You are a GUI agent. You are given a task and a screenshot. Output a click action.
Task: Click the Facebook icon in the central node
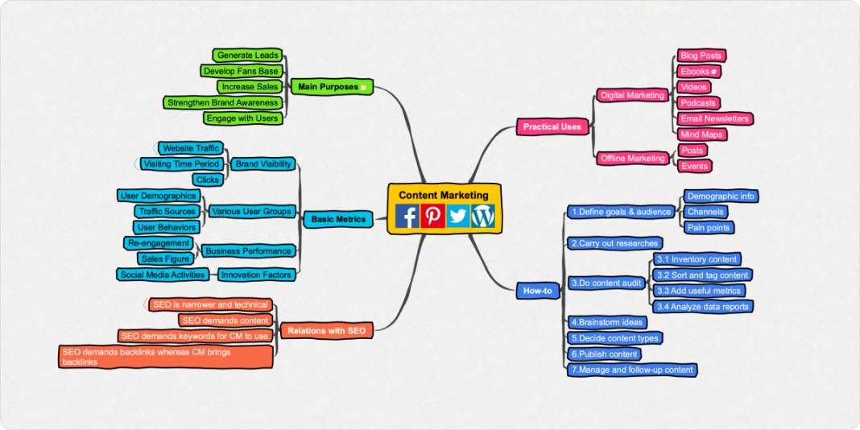[x=407, y=216]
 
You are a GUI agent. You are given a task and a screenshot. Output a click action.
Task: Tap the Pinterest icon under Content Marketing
[x=432, y=216]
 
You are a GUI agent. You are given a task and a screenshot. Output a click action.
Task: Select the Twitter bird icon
[x=457, y=216]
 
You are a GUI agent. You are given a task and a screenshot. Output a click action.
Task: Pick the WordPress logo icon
[x=483, y=216]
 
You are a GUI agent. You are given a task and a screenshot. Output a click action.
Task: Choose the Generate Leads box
[x=247, y=56]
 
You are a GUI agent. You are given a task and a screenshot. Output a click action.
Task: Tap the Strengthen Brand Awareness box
[x=222, y=103]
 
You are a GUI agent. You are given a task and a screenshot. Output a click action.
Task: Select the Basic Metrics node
[x=338, y=219]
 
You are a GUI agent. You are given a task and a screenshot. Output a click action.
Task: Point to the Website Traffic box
[x=191, y=148]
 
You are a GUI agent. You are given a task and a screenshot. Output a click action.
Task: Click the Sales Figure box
[x=165, y=259]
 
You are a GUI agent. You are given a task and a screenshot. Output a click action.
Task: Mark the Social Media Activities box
[x=163, y=275]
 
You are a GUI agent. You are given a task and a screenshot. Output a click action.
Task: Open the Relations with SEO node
[x=326, y=331]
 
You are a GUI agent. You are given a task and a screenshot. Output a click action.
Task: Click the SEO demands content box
[x=225, y=320]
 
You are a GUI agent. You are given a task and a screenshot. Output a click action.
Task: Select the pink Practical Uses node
[x=552, y=126]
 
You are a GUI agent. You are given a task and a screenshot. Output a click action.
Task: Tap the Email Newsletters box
[x=714, y=118]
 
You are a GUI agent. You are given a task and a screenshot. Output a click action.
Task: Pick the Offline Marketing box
[x=633, y=159]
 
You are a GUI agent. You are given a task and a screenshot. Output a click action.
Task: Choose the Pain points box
[x=709, y=228]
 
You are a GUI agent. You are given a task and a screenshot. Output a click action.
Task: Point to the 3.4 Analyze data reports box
[x=703, y=307]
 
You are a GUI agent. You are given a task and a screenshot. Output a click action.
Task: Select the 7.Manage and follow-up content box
[x=631, y=370]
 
